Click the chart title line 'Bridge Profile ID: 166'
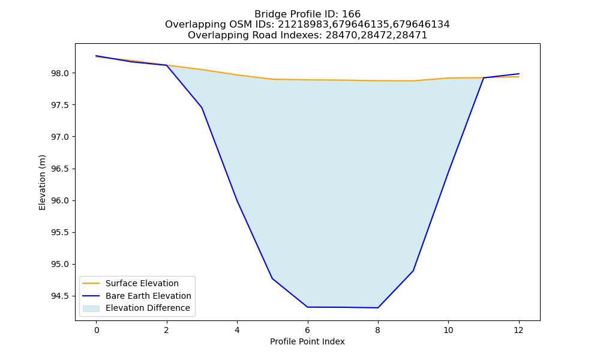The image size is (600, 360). (x=307, y=14)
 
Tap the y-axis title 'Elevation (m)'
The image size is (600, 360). (x=42, y=182)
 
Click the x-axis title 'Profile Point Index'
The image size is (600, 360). (x=307, y=341)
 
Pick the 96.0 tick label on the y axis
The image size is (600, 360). (x=60, y=200)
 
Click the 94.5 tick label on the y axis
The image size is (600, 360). (x=60, y=296)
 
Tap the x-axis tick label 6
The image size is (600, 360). (x=307, y=330)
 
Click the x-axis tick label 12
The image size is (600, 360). (x=518, y=330)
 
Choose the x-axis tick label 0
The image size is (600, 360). (x=97, y=330)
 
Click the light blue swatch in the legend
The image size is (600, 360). (x=91, y=308)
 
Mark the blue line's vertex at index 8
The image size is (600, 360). (x=377, y=308)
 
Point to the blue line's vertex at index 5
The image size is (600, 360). (x=272, y=278)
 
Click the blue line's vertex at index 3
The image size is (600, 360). (x=202, y=107)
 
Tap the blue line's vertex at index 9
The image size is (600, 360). (x=413, y=271)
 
